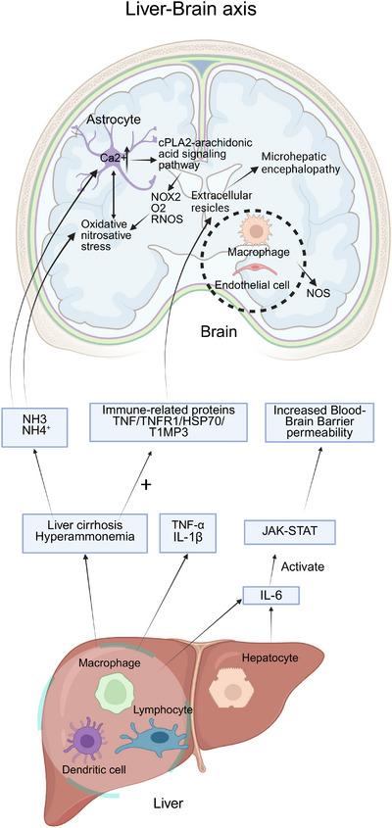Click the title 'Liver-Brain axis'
click(195, 13)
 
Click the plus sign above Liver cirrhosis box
click(145, 484)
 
